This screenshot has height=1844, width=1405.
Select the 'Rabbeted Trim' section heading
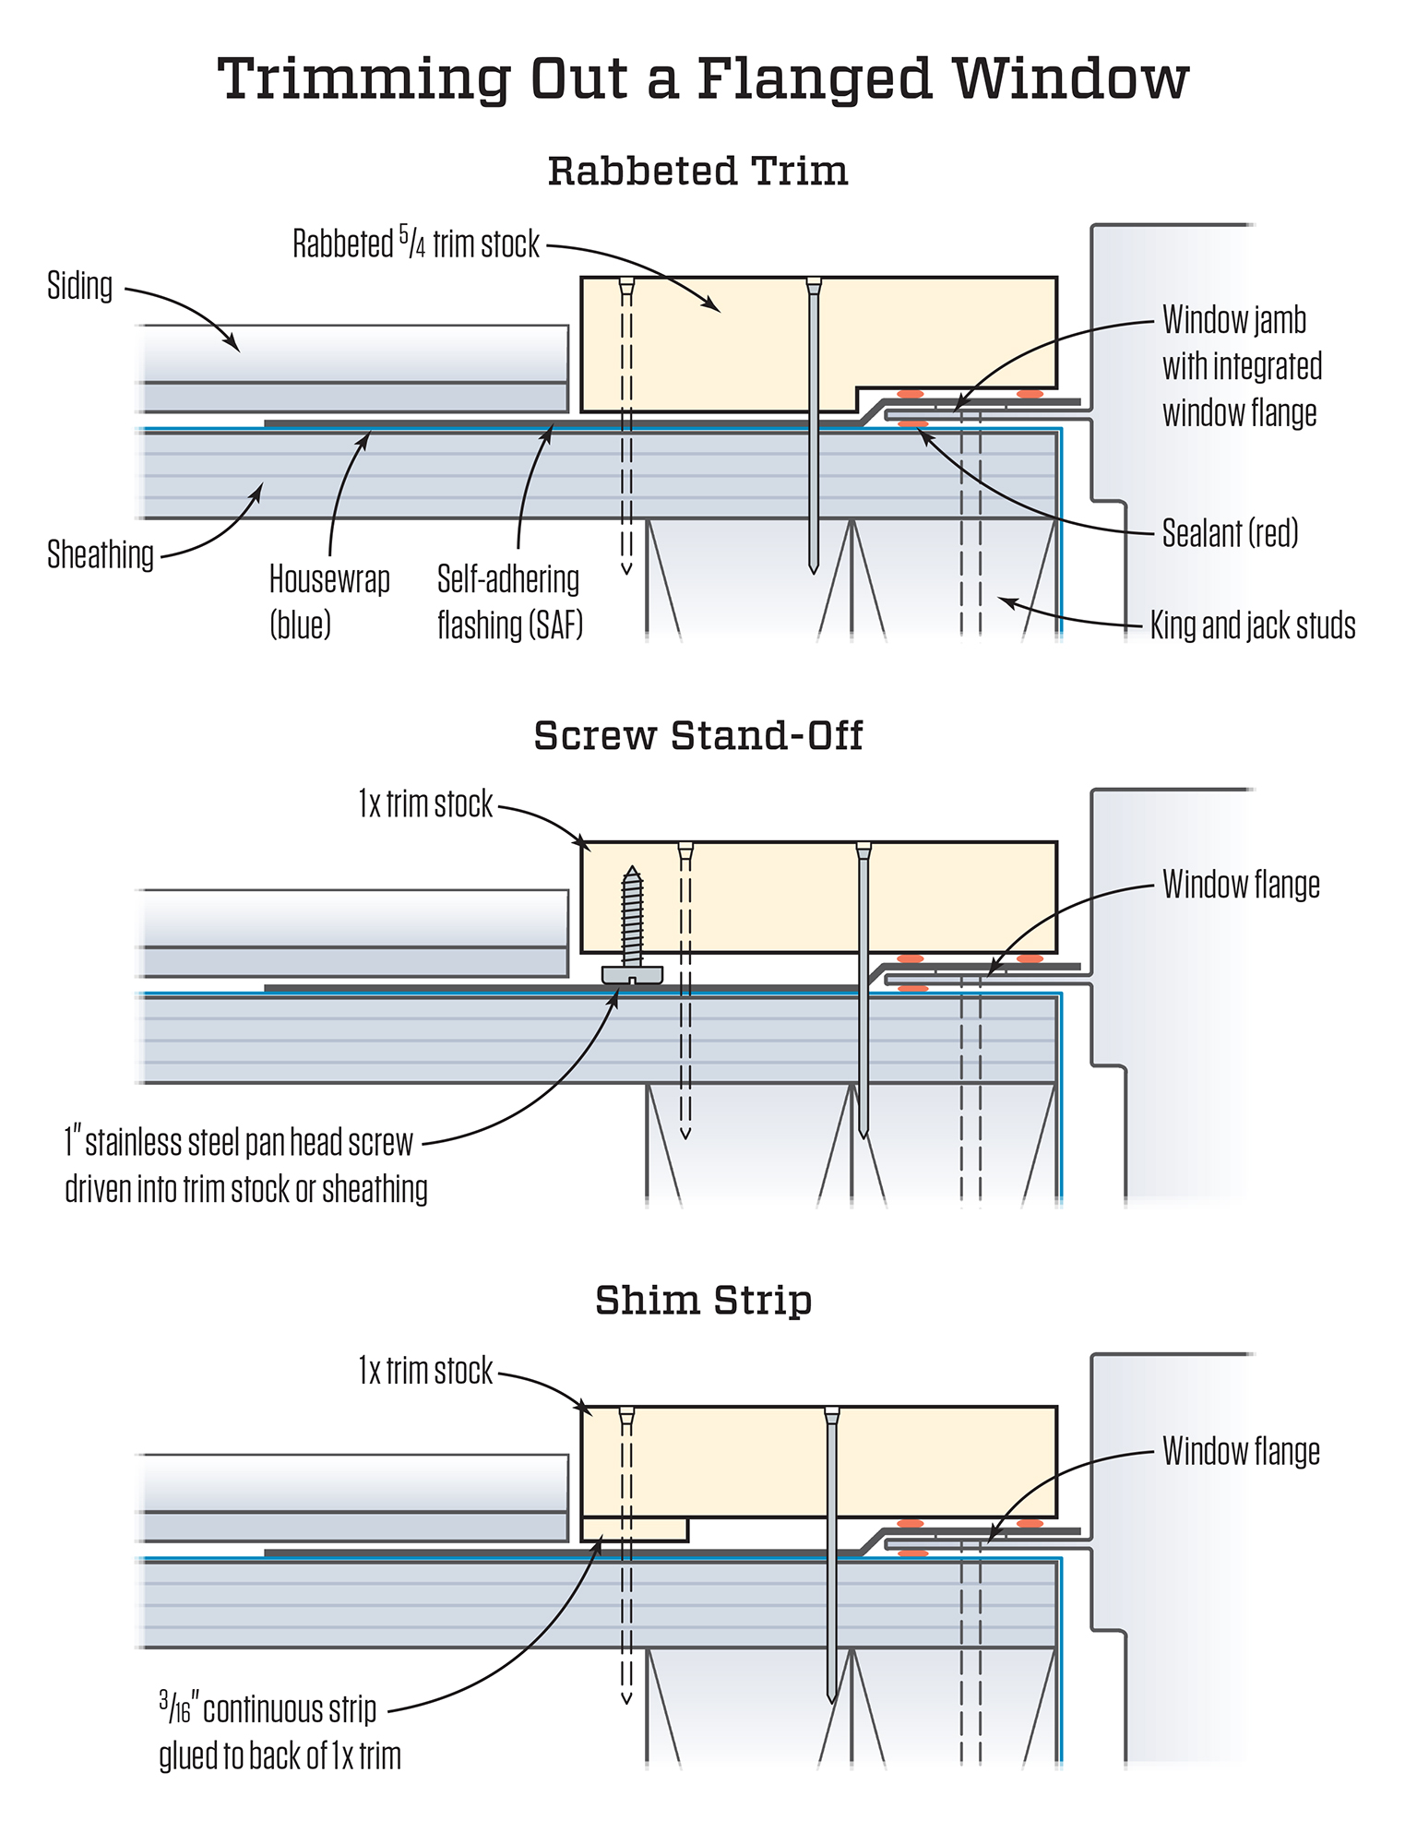coord(697,172)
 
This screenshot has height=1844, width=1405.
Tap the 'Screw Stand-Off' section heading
coord(697,736)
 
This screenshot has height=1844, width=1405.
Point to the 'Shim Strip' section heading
coord(703,1301)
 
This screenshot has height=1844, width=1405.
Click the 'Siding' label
coord(80,286)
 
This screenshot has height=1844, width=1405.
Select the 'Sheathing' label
coord(101,555)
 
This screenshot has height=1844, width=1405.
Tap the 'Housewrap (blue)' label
coord(328,601)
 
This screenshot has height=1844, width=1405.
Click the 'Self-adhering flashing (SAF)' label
coord(509,601)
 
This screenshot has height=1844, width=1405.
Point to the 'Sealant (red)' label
coord(1230,533)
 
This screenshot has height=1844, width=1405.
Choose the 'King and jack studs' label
coord(1252,625)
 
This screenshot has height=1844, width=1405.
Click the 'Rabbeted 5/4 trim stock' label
coord(416,244)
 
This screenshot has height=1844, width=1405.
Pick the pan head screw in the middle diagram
coord(632,932)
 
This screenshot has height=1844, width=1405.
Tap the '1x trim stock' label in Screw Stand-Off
coord(425,804)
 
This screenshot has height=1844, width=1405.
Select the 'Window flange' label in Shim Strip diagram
coord(1241,1451)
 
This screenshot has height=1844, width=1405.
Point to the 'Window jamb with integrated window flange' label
coord(1242,366)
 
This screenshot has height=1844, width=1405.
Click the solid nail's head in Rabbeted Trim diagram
coord(813,285)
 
